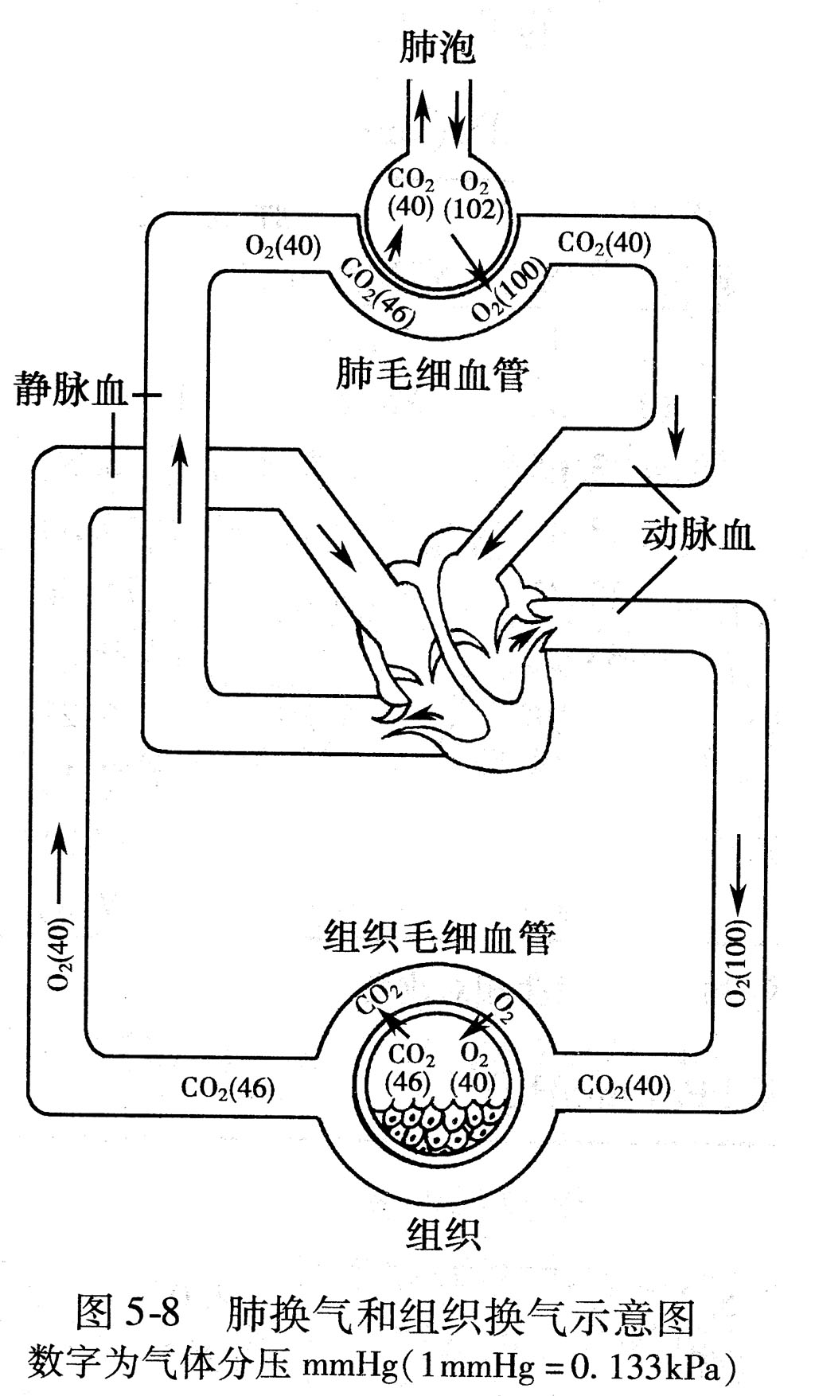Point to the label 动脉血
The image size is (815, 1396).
[698, 535]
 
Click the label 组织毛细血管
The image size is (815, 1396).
[440, 938]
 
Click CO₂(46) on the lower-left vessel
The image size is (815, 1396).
[228, 1087]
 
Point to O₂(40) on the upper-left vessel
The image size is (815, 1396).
[283, 248]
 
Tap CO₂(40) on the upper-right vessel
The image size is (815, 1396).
[604, 243]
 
